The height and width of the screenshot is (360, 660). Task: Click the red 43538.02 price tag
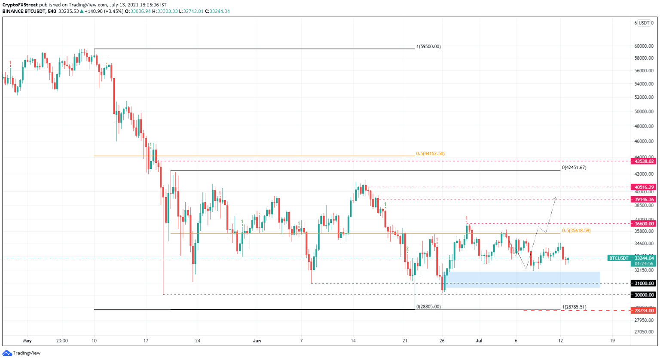pos(643,161)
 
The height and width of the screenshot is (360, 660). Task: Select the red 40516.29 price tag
pos(643,187)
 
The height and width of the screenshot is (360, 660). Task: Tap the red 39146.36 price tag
pos(643,199)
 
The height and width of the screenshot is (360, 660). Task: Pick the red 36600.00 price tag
pos(643,223)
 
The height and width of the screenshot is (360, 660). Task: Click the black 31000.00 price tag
pos(643,283)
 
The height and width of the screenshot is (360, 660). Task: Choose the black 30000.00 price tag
pos(643,295)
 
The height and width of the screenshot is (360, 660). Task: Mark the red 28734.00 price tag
pos(643,310)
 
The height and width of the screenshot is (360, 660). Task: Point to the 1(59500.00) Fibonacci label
pos(428,46)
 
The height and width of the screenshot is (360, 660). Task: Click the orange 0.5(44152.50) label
pos(430,153)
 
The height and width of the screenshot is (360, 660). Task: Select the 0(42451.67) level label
pos(574,168)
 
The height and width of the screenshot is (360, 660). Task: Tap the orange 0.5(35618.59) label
pos(576,231)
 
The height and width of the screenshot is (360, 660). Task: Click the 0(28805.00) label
pos(428,307)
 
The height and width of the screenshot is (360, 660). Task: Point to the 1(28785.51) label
pos(574,307)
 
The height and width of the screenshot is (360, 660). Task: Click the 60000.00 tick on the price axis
pos(644,46)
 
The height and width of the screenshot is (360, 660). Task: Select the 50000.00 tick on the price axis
pos(644,112)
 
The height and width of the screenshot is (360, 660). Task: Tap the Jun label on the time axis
pos(257,341)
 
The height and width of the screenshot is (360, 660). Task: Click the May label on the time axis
pos(27,341)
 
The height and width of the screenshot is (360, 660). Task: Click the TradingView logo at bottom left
pos(21,353)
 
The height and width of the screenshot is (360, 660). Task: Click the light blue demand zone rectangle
pos(524,279)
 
